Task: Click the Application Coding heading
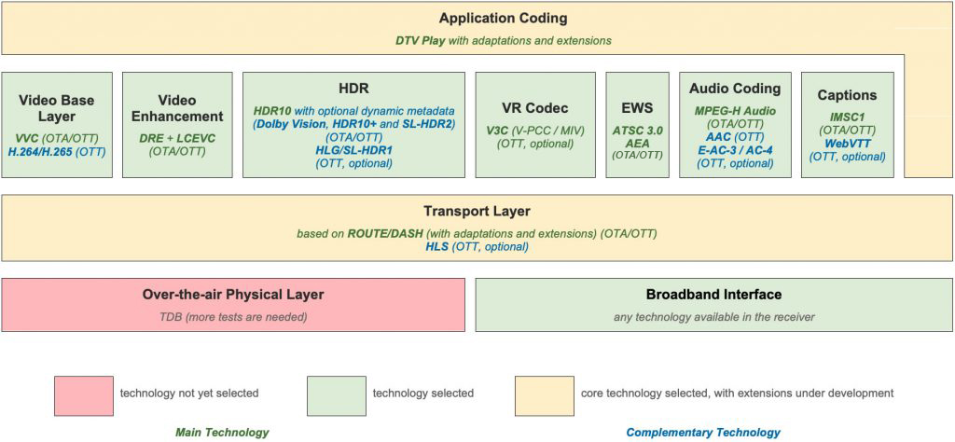[503, 19]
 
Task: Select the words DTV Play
[419, 41]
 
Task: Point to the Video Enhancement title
[176, 108]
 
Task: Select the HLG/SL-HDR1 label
[353, 150]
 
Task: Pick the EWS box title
[637, 109]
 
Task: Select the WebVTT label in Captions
[847, 144]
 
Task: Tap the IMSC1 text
[847, 117]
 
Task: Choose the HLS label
[436, 247]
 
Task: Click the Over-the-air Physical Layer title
[232, 295]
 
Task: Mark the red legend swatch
[83, 395]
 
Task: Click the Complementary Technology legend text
[703, 433]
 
